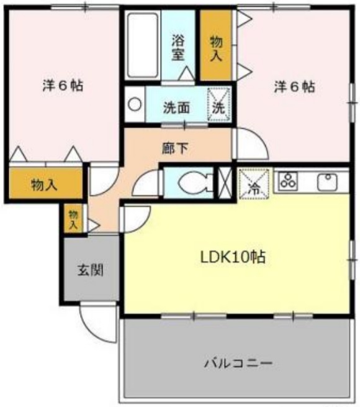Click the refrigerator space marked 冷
point(254,183)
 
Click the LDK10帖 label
point(233,257)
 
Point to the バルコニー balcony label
point(238,362)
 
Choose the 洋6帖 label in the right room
point(294,87)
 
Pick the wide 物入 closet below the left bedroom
point(45,184)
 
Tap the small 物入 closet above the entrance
point(73,219)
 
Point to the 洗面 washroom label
point(177,106)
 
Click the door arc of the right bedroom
point(248,144)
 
